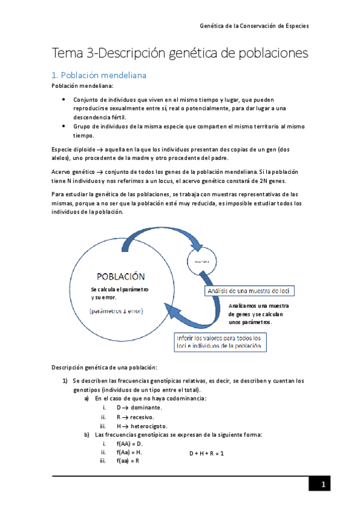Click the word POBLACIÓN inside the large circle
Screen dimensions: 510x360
(121, 276)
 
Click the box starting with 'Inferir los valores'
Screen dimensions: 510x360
(220, 342)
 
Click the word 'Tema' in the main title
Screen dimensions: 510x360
(68, 54)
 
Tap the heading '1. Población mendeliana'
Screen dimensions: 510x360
(99, 76)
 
